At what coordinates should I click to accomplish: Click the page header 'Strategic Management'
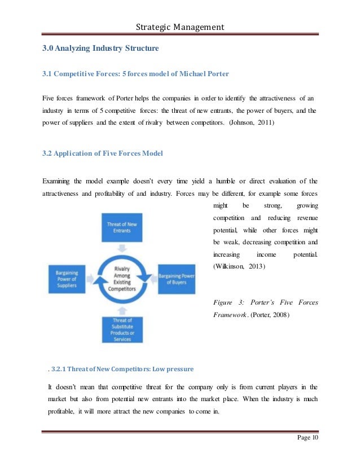click(180, 27)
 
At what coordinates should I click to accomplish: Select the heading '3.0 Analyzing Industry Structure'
click(100, 49)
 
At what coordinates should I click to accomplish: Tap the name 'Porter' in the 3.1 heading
click(215, 74)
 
